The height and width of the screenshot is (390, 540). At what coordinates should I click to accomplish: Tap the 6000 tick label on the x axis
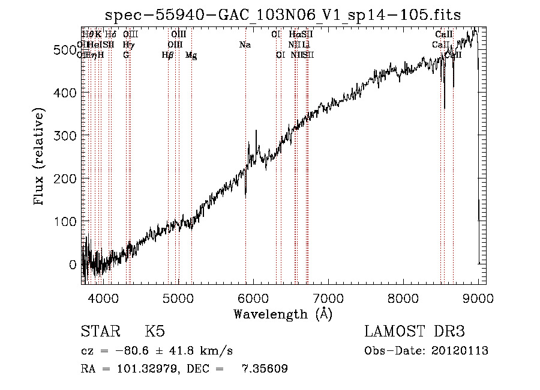(x=253, y=297)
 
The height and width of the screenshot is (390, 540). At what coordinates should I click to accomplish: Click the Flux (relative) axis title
(x=40, y=158)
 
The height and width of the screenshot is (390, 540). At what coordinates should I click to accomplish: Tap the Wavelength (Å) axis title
(x=283, y=314)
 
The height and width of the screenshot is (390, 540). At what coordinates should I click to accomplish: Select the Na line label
(x=245, y=44)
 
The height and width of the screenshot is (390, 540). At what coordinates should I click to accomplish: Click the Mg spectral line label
(x=191, y=55)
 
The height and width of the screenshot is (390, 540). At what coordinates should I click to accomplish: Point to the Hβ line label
(x=168, y=55)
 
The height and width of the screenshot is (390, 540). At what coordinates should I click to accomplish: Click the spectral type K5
(x=155, y=332)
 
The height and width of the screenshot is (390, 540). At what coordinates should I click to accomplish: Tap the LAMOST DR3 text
(x=415, y=332)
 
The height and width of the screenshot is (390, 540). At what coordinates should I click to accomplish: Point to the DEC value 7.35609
(x=265, y=369)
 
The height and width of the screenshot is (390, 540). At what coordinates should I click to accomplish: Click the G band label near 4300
(x=126, y=55)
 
